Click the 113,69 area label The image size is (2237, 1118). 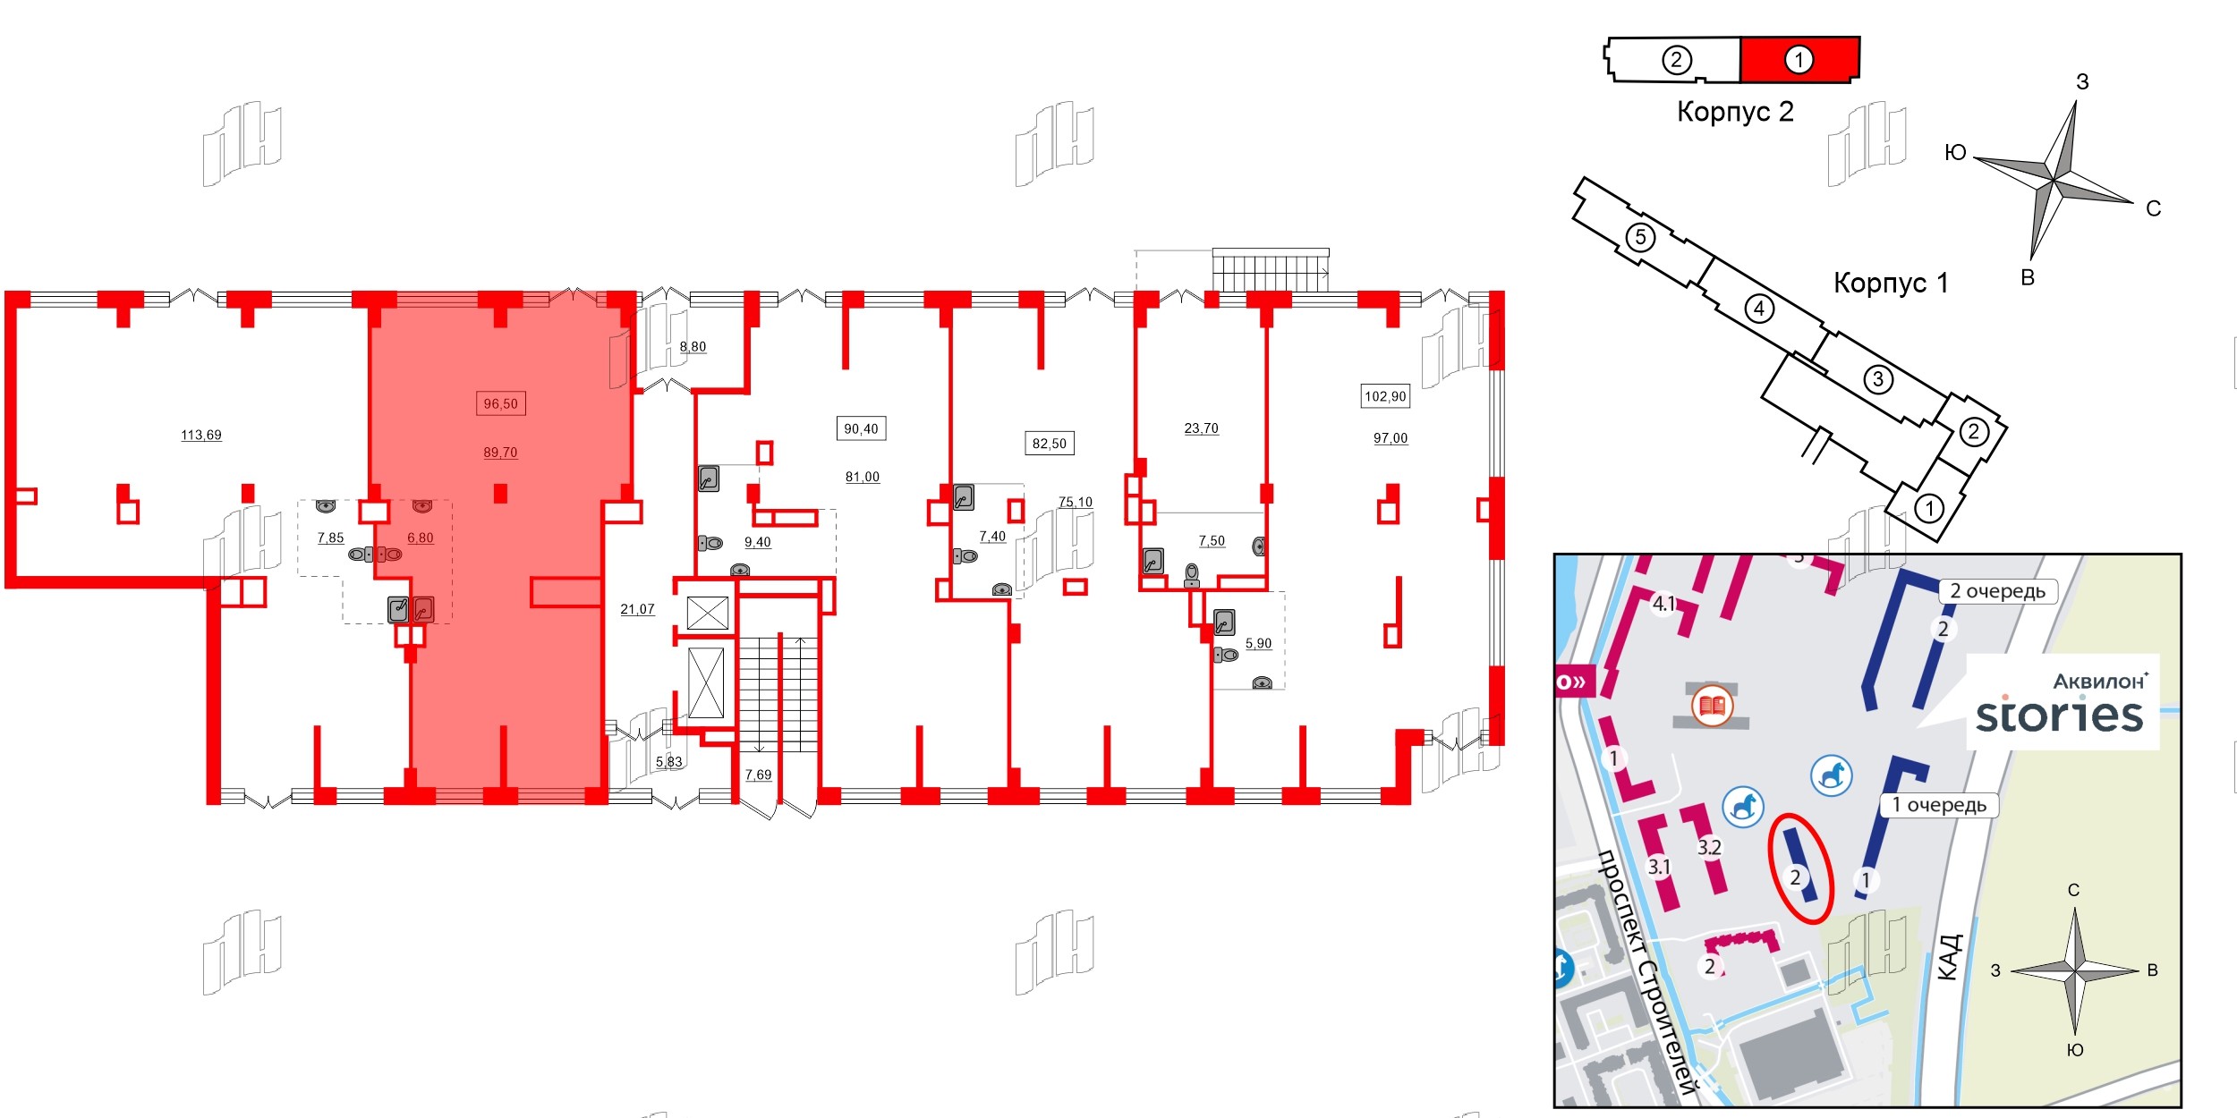click(x=201, y=436)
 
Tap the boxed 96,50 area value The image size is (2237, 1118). click(x=501, y=404)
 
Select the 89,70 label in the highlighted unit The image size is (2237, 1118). click(x=501, y=453)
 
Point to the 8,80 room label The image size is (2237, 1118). click(x=693, y=347)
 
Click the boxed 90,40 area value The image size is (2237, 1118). click(x=862, y=429)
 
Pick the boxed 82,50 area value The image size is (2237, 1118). click(x=1050, y=444)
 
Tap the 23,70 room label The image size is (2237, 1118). click(x=1202, y=428)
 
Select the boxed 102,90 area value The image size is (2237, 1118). click(x=1385, y=396)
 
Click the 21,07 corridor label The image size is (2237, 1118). click(x=638, y=609)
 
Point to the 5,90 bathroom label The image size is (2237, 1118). click(x=1259, y=643)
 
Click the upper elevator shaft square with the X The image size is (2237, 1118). click(x=708, y=614)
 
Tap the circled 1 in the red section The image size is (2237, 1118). click(x=1799, y=60)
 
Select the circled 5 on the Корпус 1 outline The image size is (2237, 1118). click(x=1640, y=237)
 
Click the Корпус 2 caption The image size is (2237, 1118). click(x=1735, y=112)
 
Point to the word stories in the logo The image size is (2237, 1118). click(x=2060, y=715)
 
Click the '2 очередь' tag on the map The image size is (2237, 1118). click(x=1998, y=591)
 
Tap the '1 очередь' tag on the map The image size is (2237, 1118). click(x=1939, y=805)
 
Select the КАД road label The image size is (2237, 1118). click(x=1952, y=957)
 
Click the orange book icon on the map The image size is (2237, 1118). click(x=1713, y=707)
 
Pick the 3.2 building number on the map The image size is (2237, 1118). click(x=1709, y=847)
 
